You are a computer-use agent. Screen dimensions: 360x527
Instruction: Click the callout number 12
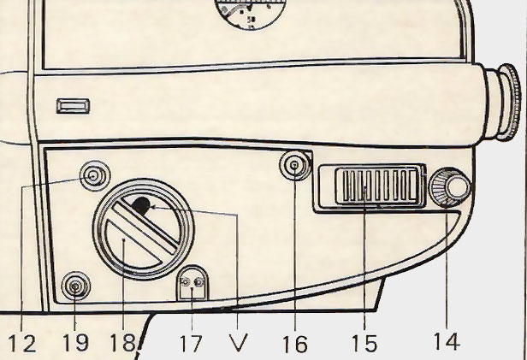[x=22, y=343]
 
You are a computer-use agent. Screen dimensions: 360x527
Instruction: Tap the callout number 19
[x=76, y=343]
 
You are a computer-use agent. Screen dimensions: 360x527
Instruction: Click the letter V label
[x=240, y=343]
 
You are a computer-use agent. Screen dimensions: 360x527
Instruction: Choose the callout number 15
[x=364, y=343]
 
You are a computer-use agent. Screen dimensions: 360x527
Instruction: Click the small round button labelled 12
[x=92, y=177]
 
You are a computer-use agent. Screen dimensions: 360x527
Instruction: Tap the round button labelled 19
[x=77, y=286]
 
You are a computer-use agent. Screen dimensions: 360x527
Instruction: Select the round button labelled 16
[x=296, y=166]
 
